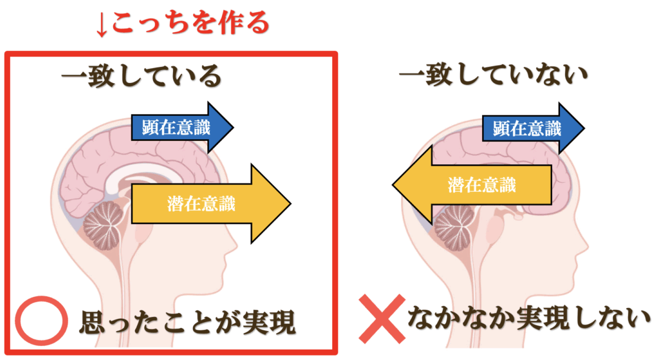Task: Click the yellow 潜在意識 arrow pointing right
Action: coord(209,204)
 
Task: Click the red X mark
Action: coord(381,319)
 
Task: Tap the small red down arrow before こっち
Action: coord(102,24)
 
